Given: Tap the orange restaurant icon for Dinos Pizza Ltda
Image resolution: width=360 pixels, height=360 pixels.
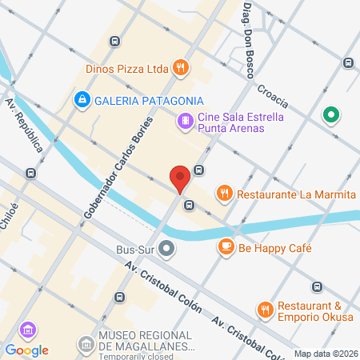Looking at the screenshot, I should (x=182, y=68).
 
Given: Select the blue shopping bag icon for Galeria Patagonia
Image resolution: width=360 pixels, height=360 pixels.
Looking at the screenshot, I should (x=81, y=99).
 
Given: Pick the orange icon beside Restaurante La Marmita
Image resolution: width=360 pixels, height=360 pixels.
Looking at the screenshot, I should (x=225, y=192).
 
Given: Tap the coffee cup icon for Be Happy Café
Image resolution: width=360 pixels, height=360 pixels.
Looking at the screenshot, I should (x=226, y=248).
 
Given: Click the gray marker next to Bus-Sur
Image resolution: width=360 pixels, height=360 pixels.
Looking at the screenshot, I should (x=166, y=248).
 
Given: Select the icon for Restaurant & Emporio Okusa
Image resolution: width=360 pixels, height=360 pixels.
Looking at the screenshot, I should (x=265, y=309).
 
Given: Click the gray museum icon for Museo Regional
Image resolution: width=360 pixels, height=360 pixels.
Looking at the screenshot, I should (x=85, y=344).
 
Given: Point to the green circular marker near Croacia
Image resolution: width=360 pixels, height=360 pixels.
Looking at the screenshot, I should (x=329, y=116).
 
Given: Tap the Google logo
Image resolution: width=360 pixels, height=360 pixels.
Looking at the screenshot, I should (x=26, y=350).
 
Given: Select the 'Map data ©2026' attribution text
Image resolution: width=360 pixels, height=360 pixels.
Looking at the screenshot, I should (x=325, y=354).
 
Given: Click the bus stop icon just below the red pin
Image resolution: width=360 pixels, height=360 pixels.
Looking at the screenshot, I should (x=189, y=205).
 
